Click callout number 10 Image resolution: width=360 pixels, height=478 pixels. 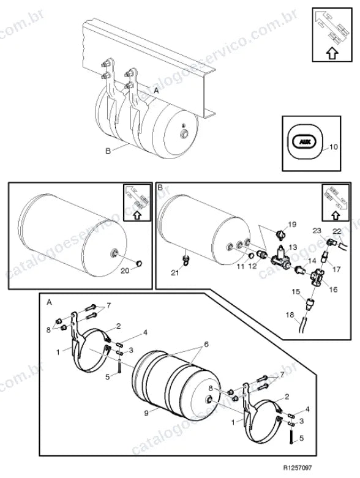tap(334, 147)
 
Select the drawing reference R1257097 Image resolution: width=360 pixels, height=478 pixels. tap(298, 468)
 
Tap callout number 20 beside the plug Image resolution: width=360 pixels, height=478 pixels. tap(125, 271)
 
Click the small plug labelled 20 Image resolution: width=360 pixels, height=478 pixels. tap(139, 263)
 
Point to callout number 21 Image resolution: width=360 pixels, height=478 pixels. tap(174, 273)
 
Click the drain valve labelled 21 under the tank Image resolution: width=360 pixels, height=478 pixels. tap(186, 259)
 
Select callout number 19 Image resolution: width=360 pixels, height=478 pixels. tap(292, 225)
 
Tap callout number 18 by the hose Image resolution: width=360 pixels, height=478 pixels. tap(290, 315)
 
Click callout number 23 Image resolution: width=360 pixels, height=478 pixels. tap(317, 231)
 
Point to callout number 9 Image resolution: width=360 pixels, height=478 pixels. tap(146, 413)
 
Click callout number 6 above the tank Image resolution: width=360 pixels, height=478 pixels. tap(206, 344)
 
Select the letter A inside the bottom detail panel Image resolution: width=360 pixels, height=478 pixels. tap(49, 302)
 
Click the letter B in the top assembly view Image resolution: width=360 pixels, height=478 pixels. tap(108, 151)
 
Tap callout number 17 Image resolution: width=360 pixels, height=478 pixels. tap(336, 269)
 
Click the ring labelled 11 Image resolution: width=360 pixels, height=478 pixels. tap(252, 255)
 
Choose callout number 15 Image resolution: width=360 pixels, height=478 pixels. tap(296, 292)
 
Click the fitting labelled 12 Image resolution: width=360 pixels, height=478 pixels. tap(261, 254)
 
